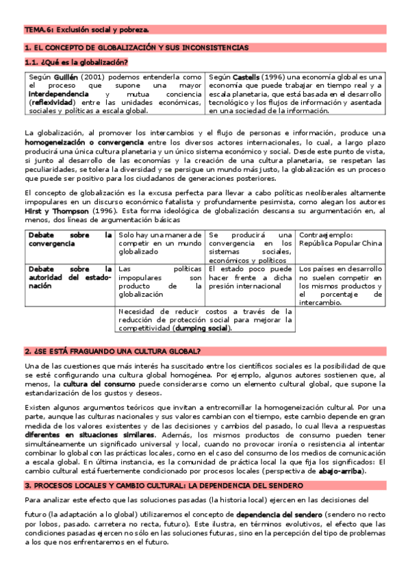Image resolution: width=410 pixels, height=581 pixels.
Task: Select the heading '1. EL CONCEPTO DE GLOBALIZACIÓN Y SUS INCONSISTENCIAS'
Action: point(136,47)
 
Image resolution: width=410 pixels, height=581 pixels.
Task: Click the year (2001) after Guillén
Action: point(94,77)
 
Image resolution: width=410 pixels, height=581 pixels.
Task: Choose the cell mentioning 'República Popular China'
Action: point(340,239)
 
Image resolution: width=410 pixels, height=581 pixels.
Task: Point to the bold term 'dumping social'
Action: point(202,327)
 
